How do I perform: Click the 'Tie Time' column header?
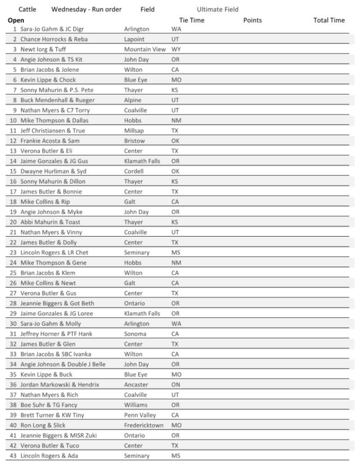click(x=192, y=20)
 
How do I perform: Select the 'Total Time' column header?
click(x=329, y=20)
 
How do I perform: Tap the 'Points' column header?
click(x=253, y=20)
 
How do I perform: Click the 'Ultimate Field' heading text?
click(x=218, y=9)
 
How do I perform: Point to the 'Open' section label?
click(x=16, y=20)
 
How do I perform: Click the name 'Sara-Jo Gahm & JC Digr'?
click(x=52, y=29)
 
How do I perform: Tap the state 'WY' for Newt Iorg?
click(x=176, y=49)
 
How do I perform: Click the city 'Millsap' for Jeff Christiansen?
click(x=135, y=131)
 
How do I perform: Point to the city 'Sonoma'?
click(x=136, y=334)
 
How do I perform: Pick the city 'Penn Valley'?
click(x=140, y=415)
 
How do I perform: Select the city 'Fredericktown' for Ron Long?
click(x=143, y=425)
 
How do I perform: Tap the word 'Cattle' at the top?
click(x=28, y=9)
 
